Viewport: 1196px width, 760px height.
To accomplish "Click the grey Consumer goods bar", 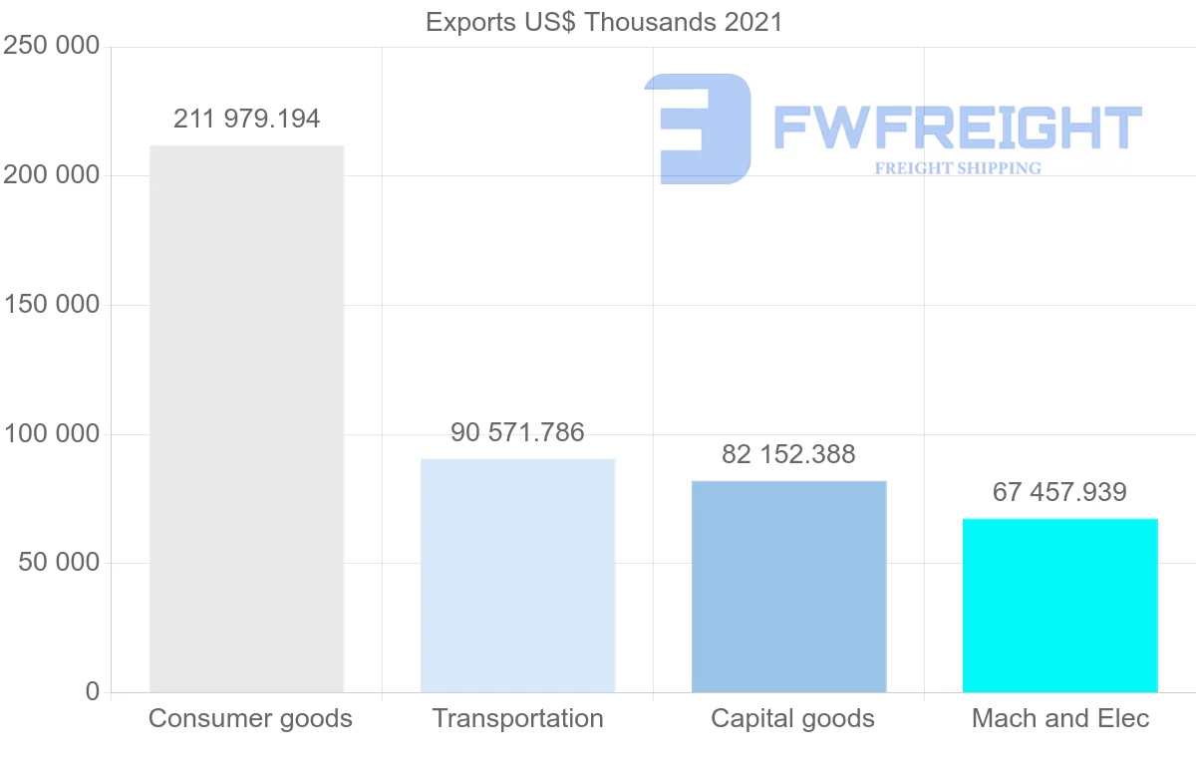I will [246, 418].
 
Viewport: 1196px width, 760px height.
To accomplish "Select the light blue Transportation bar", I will [517, 576].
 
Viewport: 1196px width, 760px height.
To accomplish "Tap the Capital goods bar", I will [788, 586].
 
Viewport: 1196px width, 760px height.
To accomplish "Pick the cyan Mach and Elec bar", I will [1059, 605].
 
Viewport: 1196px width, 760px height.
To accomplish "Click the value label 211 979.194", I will [246, 120].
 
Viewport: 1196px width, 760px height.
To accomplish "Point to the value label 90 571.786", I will [517, 433].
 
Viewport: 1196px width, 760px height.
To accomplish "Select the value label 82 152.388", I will [788, 455].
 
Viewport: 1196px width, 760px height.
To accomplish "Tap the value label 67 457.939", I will [1059, 492].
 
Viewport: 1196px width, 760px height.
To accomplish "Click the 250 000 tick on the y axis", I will [51, 47].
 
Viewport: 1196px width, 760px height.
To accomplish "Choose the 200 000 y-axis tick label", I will [51, 175].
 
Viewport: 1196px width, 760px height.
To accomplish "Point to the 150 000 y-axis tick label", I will [51, 305].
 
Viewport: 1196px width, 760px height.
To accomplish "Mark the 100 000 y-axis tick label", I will [51, 434].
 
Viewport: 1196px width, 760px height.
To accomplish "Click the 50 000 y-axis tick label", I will [59, 563].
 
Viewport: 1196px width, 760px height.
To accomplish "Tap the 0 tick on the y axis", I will [93, 691].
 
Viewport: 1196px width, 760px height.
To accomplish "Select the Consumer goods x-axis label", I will [250, 718].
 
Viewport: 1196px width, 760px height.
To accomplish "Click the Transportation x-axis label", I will [517, 718].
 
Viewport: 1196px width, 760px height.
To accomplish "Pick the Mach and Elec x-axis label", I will [1060, 718].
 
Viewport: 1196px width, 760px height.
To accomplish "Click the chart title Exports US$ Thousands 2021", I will [604, 22].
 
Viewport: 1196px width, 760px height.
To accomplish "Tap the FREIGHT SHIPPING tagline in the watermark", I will [958, 168].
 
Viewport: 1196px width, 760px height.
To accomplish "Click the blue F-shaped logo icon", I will [698, 128].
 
